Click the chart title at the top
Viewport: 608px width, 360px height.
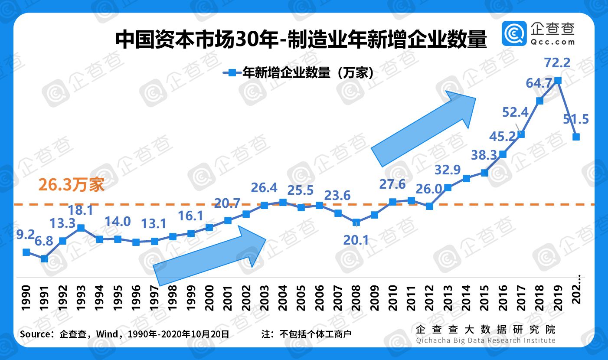[x=301, y=40]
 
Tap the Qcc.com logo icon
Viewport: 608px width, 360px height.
[x=514, y=33]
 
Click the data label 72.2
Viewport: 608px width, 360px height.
[x=557, y=63]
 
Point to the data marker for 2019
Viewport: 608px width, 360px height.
[x=558, y=80]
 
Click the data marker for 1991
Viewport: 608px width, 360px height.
[x=44, y=259]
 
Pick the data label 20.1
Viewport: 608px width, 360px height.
[x=356, y=239]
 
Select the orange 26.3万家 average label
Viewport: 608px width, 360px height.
[x=71, y=185]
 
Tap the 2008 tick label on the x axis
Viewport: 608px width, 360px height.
[x=356, y=298]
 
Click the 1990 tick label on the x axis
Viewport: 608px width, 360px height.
[x=26, y=298]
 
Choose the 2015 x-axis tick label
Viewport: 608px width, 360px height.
[x=485, y=298]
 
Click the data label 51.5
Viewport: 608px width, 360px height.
[x=575, y=119]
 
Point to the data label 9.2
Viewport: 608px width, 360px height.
[x=25, y=235]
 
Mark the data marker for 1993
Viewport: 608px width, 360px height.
[x=81, y=227]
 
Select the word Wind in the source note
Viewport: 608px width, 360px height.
[x=107, y=334]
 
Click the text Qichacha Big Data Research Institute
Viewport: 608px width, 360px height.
[x=485, y=340]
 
